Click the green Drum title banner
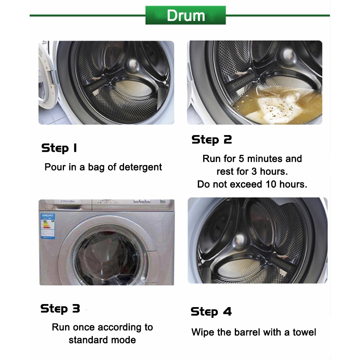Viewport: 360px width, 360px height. pyautogui.click(x=185, y=15)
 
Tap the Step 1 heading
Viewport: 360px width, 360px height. pyautogui.click(x=59, y=148)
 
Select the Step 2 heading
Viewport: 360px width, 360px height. pyautogui.click(x=212, y=140)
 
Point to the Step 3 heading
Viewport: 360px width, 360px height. pyautogui.click(x=60, y=309)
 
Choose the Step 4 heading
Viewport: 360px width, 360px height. pyautogui.click(x=211, y=312)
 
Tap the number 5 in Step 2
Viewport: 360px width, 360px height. pyautogui.click(x=241, y=159)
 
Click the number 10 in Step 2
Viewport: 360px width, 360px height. pyautogui.click(x=271, y=184)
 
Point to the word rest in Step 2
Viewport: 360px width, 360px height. pyautogui.click(x=224, y=172)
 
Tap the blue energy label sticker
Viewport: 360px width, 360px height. pyautogui.click(x=48, y=226)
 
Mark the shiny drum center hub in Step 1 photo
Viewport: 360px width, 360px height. pyautogui.click(x=132, y=64)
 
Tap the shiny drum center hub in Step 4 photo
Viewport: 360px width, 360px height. pyautogui.click(x=239, y=240)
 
